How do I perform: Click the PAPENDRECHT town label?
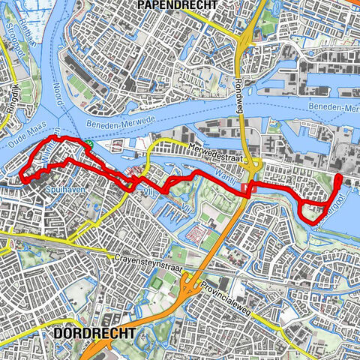click(177, 5)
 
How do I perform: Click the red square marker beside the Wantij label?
click(253, 189)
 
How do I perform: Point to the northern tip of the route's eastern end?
click(338, 176)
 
